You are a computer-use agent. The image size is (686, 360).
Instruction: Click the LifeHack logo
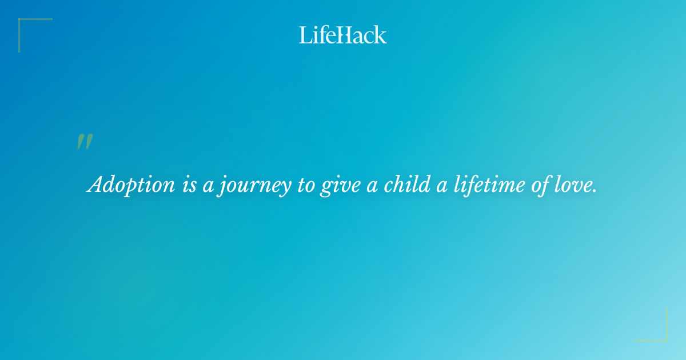coord(343,35)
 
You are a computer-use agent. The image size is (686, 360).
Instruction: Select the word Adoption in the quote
coord(131,185)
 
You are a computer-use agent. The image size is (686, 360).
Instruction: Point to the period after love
coord(595,191)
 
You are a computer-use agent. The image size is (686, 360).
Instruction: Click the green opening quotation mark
coord(84,142)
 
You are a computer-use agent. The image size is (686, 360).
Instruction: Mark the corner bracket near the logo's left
coord(29,29)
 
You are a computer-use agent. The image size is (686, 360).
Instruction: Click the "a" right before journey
coord(208,186)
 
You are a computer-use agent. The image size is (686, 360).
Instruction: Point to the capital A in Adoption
coord(95,185)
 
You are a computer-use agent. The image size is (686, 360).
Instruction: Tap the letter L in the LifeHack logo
coord(305,35)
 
